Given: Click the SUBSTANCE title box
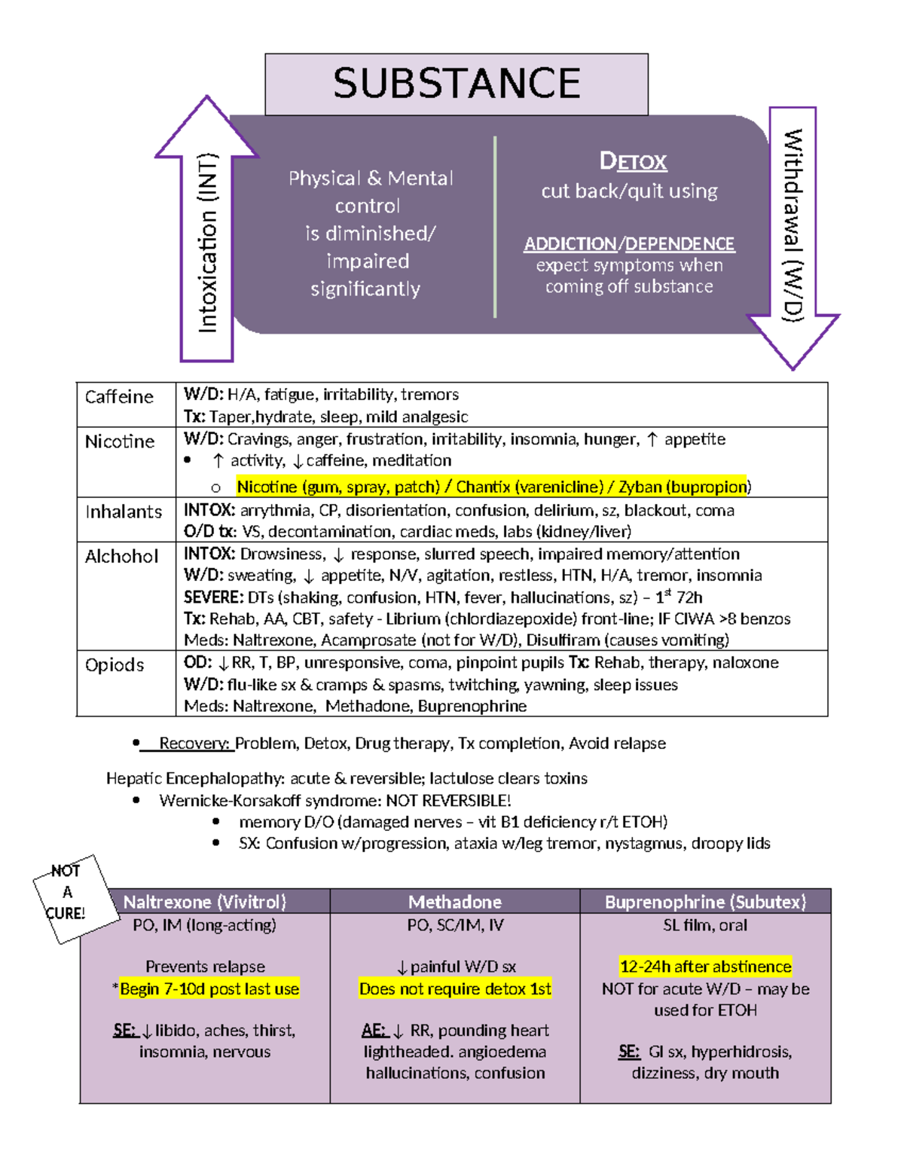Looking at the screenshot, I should click(x=457, y=84).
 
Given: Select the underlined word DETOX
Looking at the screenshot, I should click(x=633, y=161).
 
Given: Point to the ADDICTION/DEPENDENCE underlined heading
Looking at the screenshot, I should click(x=629, y=244).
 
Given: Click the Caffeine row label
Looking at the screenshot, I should click(x=119, y=397).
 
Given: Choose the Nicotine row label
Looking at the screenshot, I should click(x=120, y=441).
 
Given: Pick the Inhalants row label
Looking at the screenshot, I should click(x=124, y=512).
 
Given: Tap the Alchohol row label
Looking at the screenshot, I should click(x=122, y=557).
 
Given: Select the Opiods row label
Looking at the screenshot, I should click(x=115, y=665).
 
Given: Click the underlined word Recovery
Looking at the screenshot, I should click(x=194, y=744).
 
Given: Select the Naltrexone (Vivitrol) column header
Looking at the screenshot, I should click(x=205, y=902).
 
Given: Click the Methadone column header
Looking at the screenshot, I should click(x=455, y=902).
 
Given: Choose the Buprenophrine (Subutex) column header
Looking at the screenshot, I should click(x=705, y=902).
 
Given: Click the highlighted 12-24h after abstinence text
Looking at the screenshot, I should click(x=705, y=967).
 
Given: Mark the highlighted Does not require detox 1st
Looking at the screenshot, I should click(x=455, y=989).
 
